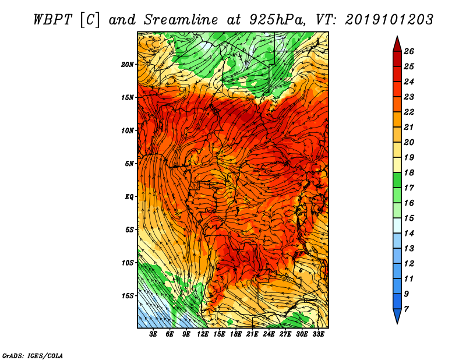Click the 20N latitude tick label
pyautogui.click(x=128, y=65)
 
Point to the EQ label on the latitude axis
pyautogui.click(x=129, y=197)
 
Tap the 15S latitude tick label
pyautogui.click(x=128, y=296)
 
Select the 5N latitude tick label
pyautogui.click(x=129, y=164)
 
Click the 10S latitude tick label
pyautogui.click(x=128, y=263)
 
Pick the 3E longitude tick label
pyautogui.click(x=153, y=334)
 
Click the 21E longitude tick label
pyautogui.click(x=252, y=334)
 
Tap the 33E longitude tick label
pyautogui.click(x=318, y=334)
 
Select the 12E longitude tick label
pyautogui.click(x=203, y=334)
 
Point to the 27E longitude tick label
pyautogui.click(x=285, y=334)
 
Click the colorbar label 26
pyautogui.click(x=409, y=51)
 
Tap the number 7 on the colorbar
pyautogui.click(x=406, y=309)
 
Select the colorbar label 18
pyautogui.click(x=409, y=172)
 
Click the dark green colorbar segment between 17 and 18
pyautogui.click(x=397, y=180)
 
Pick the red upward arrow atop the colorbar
pyautogui.click(x=397, y=44)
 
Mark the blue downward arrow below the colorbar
pyautogui.click(x=397, y=316)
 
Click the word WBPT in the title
pyautogui.click(x=52, y=20)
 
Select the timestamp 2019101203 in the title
pyautogui.click(x=389, y=20)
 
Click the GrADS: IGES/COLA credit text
pyautogui.click(x=33, y=355)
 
